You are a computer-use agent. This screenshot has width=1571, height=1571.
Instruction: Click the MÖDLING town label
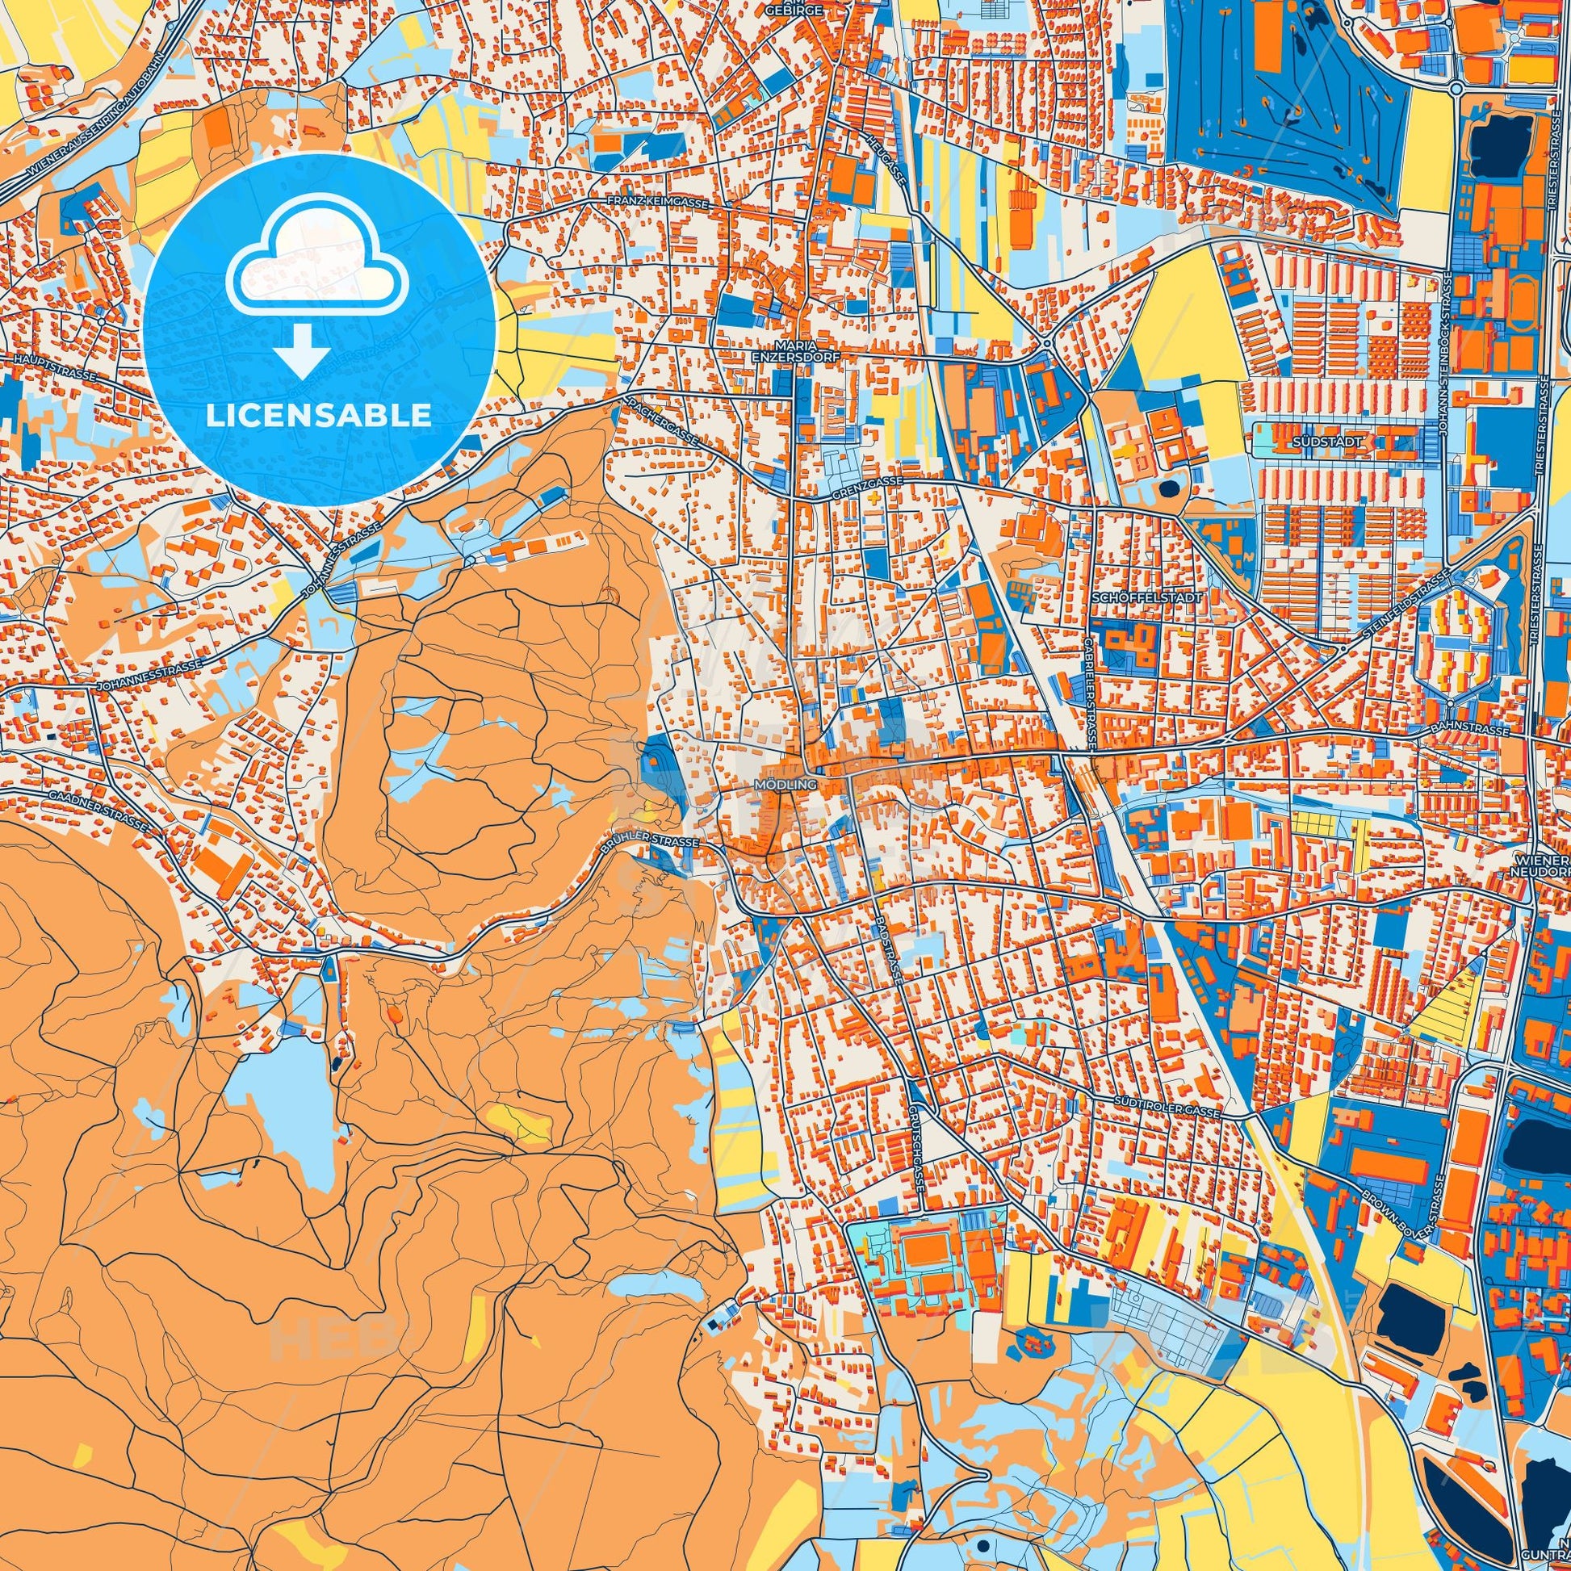[x=773, y=785]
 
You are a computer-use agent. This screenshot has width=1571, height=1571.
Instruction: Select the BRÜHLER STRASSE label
[x=650, y=844]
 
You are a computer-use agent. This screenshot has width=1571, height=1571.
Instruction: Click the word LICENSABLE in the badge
[x=319, y=416]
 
